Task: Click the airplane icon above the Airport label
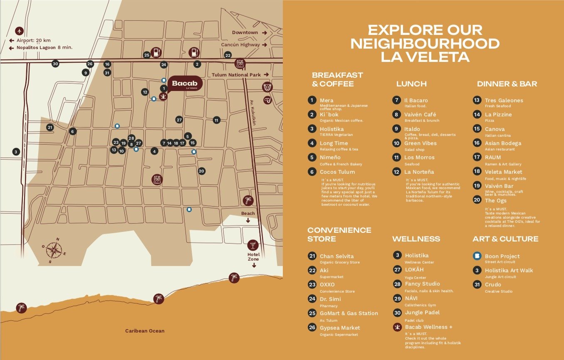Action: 19,31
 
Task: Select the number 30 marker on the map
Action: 55,64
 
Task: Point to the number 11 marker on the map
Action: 216,120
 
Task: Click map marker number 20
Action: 201,171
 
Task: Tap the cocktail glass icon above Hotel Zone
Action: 252,244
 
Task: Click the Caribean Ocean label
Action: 145,331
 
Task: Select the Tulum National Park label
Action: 236,75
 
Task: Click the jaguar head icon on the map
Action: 267,87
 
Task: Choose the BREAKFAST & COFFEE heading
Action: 337,79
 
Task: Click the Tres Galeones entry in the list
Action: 504,100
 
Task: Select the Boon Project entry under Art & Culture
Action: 502,256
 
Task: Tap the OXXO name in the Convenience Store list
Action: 327,284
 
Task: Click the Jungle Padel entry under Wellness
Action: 422,313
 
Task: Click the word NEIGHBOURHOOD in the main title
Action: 425,44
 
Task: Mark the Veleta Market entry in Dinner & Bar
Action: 503,172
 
